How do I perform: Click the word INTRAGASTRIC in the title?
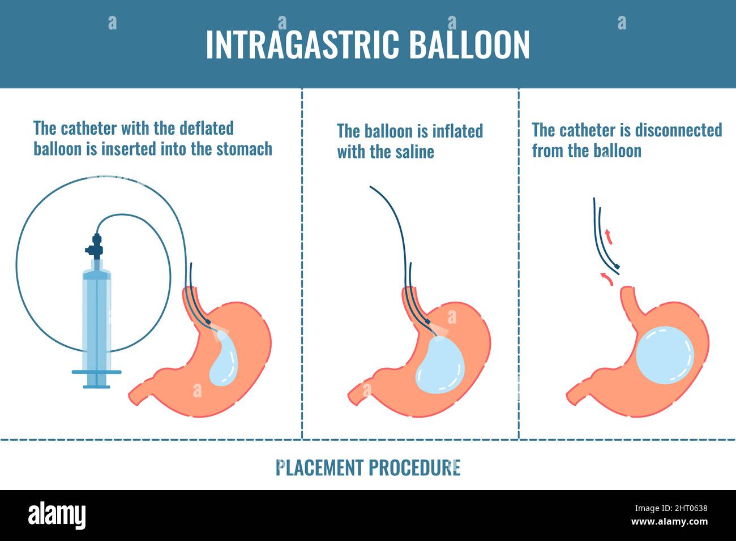(302, 45)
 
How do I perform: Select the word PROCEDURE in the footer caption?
(414, 467)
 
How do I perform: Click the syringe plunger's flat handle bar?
(97, 372)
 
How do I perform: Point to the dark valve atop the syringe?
(95, 246)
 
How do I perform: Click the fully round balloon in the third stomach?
(665, 355)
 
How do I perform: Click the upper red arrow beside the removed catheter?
(609, 237)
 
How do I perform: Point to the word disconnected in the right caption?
(678, 130)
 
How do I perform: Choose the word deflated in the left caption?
(206, 128)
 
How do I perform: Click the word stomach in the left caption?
(244, 149)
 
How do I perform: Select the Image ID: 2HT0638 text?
(671, 508)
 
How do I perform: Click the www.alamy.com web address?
(669, 522)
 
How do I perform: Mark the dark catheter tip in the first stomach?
(208, 322)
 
